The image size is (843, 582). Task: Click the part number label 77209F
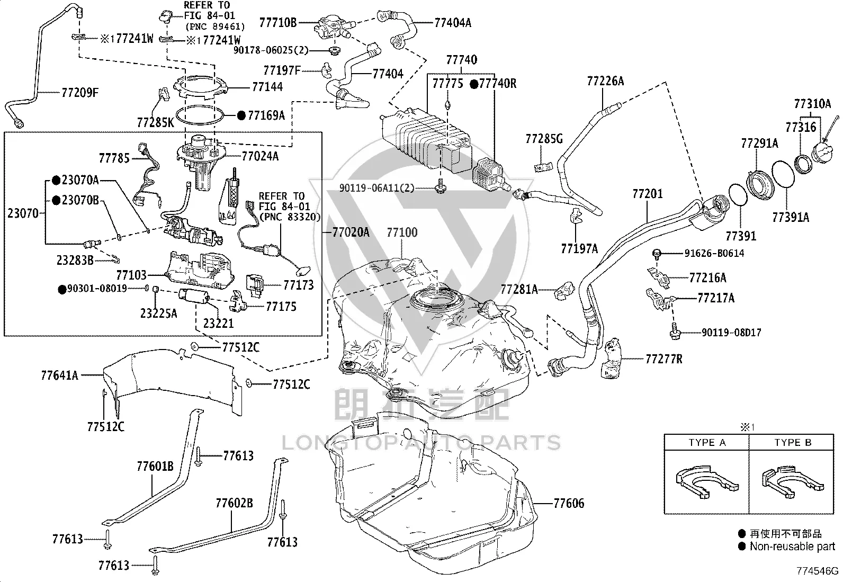[80, 92]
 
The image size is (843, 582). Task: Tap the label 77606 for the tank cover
[569, 503]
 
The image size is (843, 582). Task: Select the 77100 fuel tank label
[402, 232]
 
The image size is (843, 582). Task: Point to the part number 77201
[647, 194]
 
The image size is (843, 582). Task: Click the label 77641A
[59, 375]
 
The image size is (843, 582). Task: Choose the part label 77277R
[664, 359]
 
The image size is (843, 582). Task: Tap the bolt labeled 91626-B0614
[657, 254]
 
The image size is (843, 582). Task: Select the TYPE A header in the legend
[707, 442]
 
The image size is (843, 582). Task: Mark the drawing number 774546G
[817, 571]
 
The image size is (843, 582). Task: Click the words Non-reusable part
[792, 546]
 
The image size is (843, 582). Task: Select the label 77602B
[234, 503]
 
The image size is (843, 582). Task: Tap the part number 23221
[218, 323]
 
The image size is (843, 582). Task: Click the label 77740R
[498, 84]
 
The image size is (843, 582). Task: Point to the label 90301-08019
[97, 289]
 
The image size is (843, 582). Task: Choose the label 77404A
[453, 23]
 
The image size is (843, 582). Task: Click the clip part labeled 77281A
[564, 291]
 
